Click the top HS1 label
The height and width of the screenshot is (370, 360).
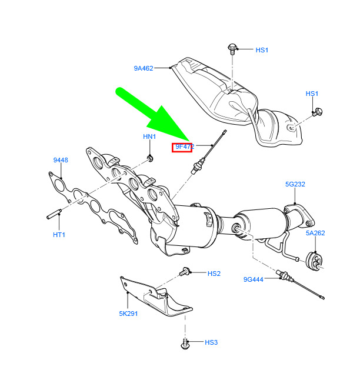click(x=262, y=50)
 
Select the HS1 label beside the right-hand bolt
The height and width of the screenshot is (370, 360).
click(x=311, y=94)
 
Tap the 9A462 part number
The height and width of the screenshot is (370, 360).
click(x=143, y=68)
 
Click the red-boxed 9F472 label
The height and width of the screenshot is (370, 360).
click(x=182, y=147)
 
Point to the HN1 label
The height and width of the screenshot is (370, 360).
click(x=149, y=136)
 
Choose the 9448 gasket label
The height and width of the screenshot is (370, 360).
click(x=60, y=160)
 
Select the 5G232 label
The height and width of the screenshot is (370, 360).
click(x=295, y=184)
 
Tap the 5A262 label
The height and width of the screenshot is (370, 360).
click(x=315, y=232)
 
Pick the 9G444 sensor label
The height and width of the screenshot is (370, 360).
click(x=254, y=279)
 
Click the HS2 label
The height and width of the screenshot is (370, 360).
click(x=214, y=274)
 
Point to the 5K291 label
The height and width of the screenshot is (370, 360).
click(x=128, y=314)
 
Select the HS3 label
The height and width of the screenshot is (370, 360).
click(x=211, y=342)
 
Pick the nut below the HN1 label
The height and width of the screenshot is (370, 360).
click(x=149, y=157)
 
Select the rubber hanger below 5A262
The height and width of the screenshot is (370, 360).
click(x=316, y=261)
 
